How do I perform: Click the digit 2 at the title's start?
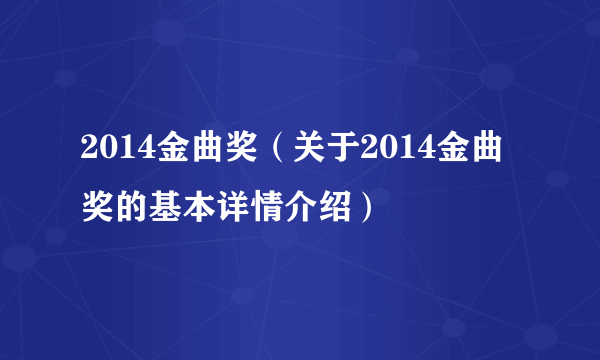[x=89, y=151]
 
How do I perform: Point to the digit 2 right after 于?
[x=369, y=151]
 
